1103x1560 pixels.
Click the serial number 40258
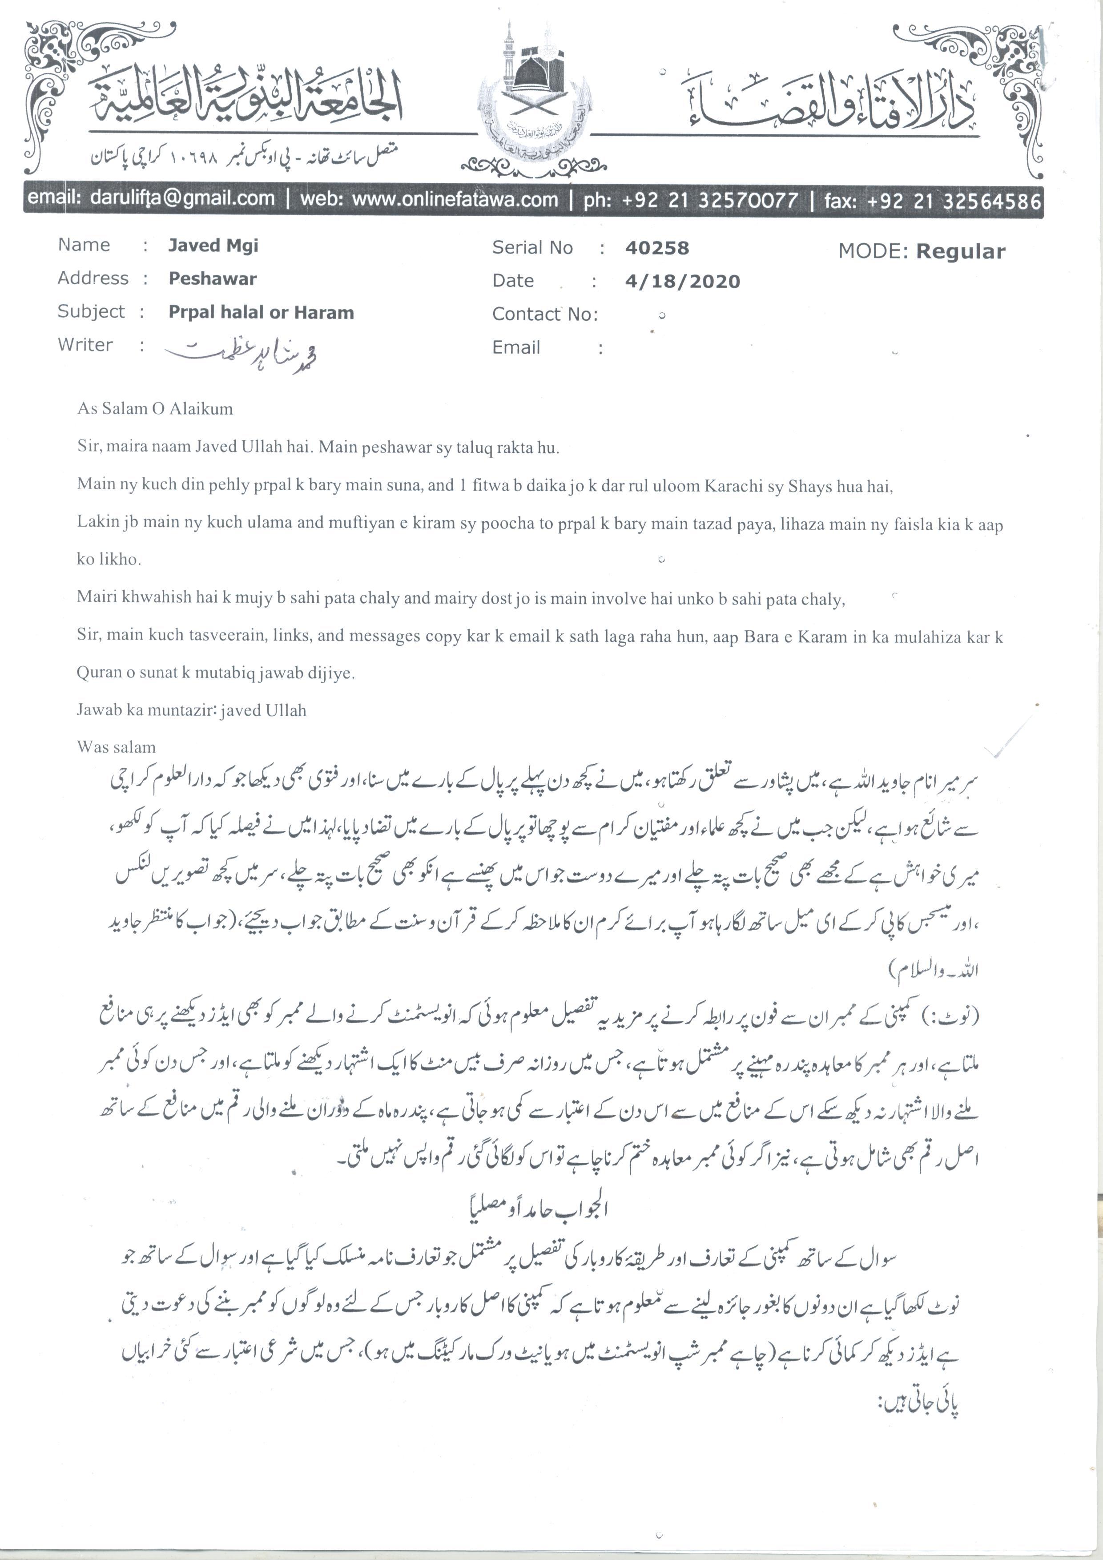click(657, 248)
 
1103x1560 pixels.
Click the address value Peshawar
click(213, 278)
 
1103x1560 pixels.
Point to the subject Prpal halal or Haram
click(261, 313)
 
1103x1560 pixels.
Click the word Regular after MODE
click(960, 251)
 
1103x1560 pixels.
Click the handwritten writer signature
click(241, 351)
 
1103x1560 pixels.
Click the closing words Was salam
click(116, 747)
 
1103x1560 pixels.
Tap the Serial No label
click(532, 248)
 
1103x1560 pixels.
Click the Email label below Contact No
click(516, 348)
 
